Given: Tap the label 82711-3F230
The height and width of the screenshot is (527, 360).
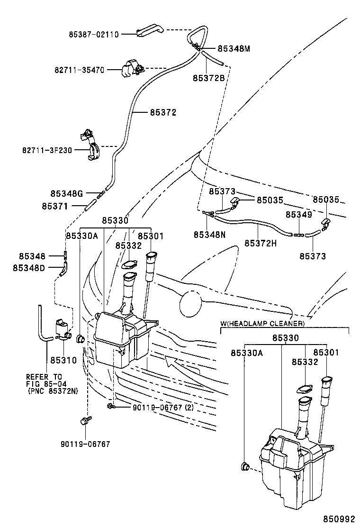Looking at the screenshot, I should pyautogui.click(x=47, y=150).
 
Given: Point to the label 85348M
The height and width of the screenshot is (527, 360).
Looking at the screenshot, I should pyautogui.click(x=234, y=48).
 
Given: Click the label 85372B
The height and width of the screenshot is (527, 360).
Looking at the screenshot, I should pyautogui.click(x=209, y=78).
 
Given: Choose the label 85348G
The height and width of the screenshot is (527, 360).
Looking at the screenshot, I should pyautogui.click(x=67, y=193).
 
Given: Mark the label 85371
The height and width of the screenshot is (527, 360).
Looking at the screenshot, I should pyautogui.click(x=55, y=206).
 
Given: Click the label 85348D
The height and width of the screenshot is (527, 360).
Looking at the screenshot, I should pyautogui.click(x=29, y=268).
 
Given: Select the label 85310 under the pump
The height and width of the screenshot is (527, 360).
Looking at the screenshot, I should pyautogui.click(x=63, y=360).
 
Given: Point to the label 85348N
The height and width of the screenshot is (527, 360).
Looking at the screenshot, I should pyautogui.click(x=209, y=234).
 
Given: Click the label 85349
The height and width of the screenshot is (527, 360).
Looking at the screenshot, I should pyautogui.click(x=298, y=215).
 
